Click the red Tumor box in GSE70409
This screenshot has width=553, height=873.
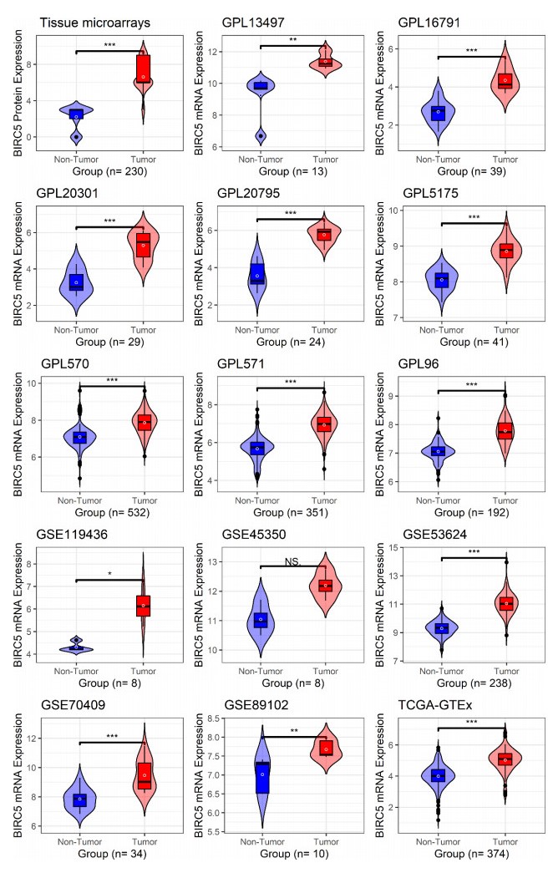(x=144, y=776)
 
